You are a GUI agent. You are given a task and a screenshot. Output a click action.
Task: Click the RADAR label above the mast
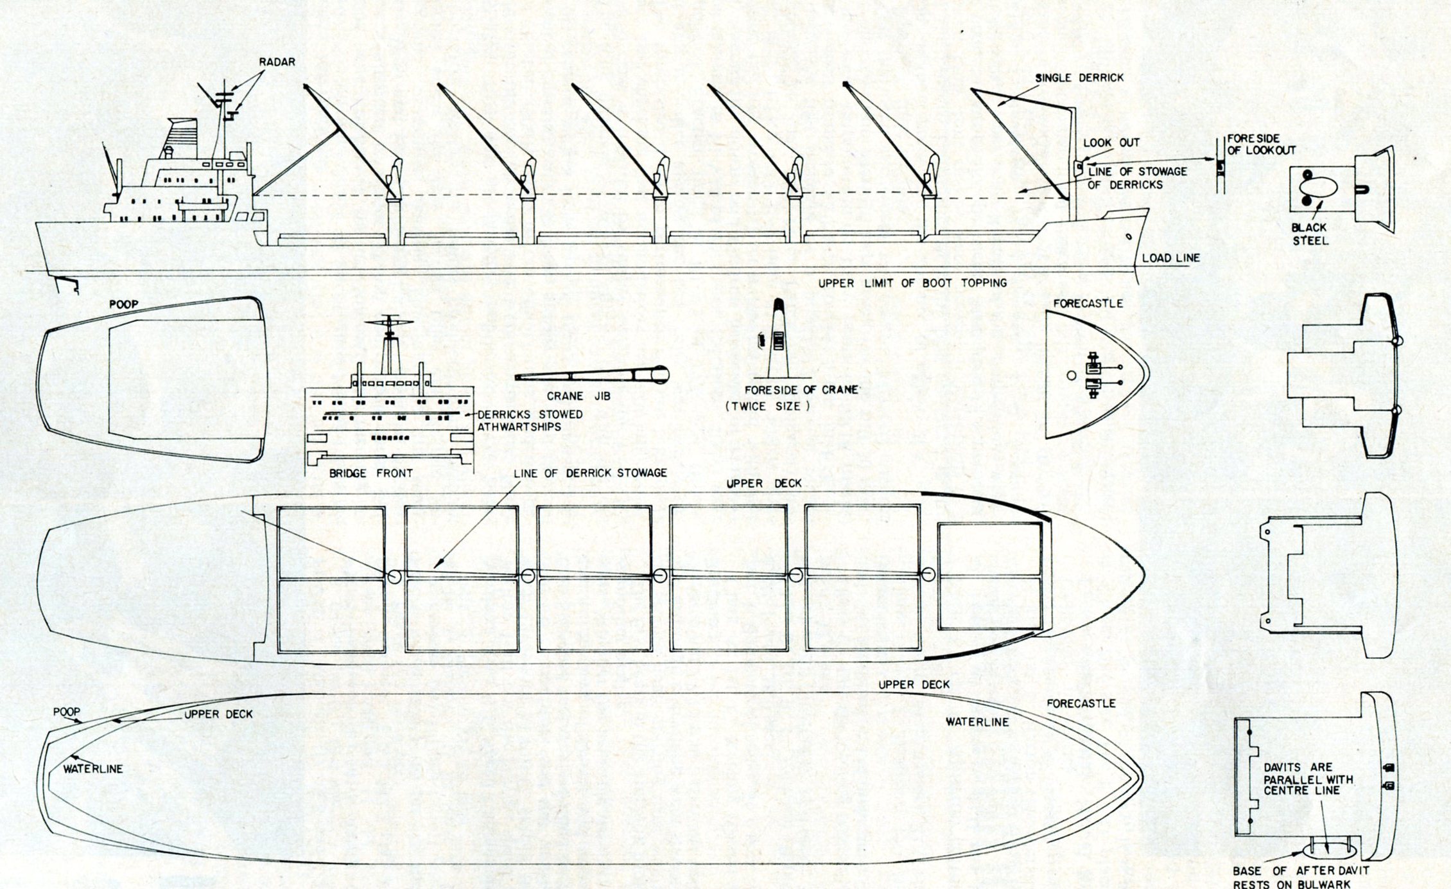(x=277, y=62)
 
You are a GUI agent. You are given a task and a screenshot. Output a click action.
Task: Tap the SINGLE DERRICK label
(x=1079, y=78)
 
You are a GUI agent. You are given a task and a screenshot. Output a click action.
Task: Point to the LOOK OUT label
(x=1111, y=143)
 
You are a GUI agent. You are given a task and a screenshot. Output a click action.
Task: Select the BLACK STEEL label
(x=1310, y=234)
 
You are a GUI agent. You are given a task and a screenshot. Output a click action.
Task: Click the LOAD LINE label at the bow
(x=1170, y=258)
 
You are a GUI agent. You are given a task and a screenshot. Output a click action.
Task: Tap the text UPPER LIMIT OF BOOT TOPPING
(x=912, y=283)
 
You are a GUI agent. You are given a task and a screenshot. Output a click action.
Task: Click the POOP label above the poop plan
(x=123, y=304)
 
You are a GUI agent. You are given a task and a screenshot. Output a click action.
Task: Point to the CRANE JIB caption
(x=578, y=396)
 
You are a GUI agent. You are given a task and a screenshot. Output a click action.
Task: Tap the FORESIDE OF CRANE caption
(x=801, y=390)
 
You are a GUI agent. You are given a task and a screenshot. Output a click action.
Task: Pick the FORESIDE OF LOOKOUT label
(x=1262, y=145)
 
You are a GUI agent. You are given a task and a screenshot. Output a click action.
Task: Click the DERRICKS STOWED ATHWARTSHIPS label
(x=530, y=421)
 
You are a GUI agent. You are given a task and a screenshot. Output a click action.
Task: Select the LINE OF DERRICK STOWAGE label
(x=590, y=473)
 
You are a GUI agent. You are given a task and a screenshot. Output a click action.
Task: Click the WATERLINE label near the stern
(x=93, y=768)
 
